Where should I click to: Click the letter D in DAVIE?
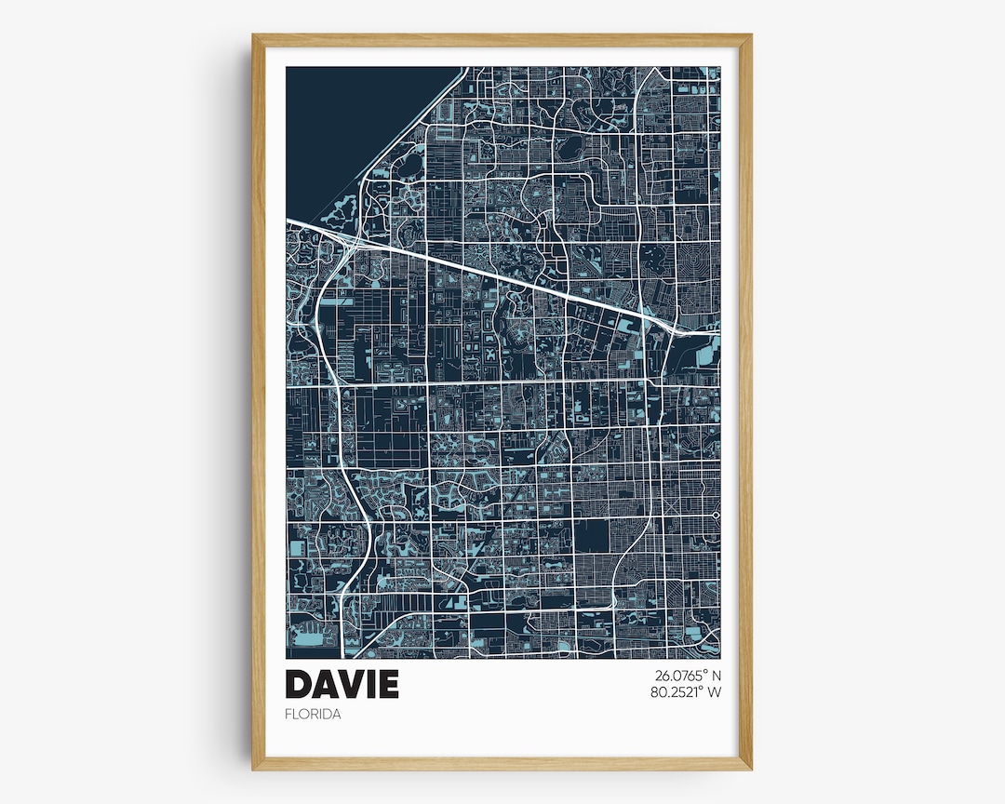[299, 684]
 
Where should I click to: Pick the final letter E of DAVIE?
[389, 684]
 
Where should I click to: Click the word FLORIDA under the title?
[313, 715]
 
